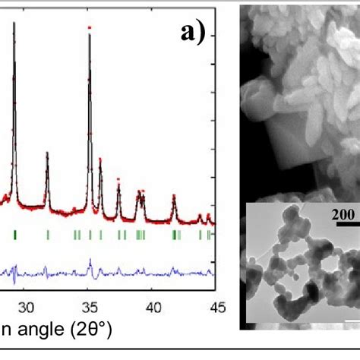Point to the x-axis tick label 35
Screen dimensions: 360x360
point(90,307)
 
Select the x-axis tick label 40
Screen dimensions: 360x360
point(153,307)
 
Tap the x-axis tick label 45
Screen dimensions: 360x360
point(216,307)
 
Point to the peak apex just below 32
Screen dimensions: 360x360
point(47,153)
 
